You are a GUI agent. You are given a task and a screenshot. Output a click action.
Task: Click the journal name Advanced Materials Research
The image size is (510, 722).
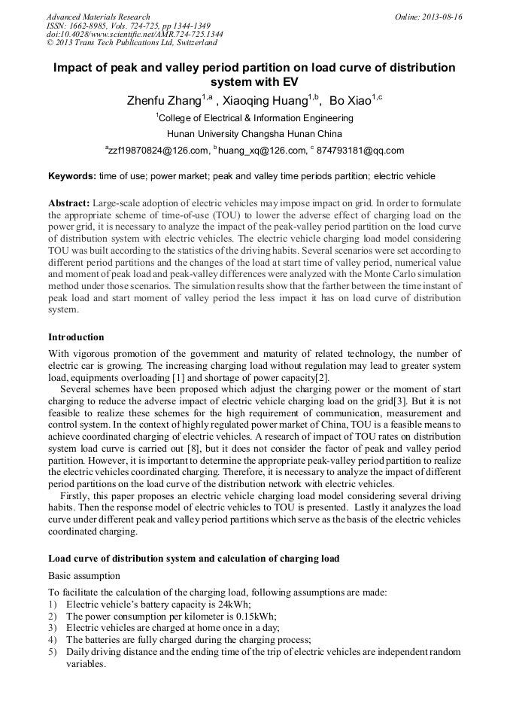tap(98, 17)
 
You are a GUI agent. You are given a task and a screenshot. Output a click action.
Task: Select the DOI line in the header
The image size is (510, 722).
tap(135, 34)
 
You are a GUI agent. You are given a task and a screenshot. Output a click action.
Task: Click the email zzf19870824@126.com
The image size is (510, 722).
tap(159, 151)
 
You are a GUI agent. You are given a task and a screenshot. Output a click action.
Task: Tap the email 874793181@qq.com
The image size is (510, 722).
tap(360, 151)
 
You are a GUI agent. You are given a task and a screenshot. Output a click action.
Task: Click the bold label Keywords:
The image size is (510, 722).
tap(71, 176)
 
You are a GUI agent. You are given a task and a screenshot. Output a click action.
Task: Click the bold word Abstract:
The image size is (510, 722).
tap(69, 204)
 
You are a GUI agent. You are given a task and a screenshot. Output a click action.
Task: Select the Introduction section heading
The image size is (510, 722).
tap(76, 337)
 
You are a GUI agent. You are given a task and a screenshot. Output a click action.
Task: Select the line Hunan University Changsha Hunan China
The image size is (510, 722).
tap(254, 134)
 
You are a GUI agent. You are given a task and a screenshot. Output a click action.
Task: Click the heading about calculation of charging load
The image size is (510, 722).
tap(193, 559)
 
